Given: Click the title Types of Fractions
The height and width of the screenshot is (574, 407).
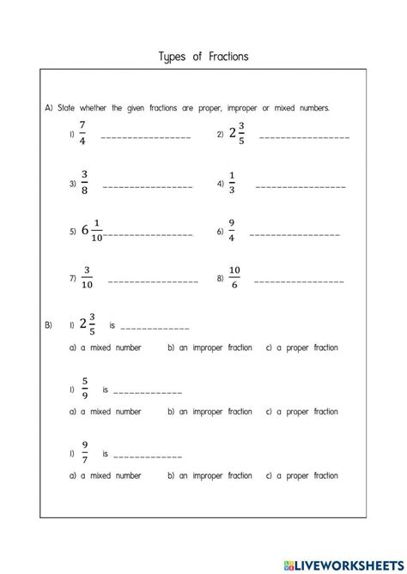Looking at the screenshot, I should click(203, 57).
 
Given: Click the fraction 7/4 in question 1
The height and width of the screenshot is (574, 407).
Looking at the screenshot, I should click(82, 134).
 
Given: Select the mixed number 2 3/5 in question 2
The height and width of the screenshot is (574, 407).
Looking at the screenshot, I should click(237, 135).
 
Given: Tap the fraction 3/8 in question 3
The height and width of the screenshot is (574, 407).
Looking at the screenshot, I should click(84, 183).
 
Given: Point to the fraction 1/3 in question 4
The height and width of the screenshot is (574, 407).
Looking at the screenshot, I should click(232, 183).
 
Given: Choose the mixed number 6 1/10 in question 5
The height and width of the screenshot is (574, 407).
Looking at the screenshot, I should click(91, 232).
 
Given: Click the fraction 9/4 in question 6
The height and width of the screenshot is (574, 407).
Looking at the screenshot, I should click(232, 232).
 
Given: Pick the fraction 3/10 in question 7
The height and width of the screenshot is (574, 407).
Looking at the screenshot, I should click(87, 278).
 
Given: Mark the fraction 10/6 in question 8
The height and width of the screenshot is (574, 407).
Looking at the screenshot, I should click(234, 278).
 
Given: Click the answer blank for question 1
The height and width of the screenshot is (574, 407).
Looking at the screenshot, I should click(145, 137).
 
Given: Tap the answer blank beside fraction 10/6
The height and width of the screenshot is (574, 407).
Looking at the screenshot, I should click(299, 281).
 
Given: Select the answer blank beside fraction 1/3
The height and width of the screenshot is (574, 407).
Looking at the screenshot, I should click(300, 186).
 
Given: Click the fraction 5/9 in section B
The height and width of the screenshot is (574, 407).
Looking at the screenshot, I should click(84, 389).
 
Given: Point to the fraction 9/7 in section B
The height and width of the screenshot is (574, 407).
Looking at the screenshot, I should click(84, 452).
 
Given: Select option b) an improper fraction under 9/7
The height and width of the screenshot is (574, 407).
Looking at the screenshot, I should click(210, 475).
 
